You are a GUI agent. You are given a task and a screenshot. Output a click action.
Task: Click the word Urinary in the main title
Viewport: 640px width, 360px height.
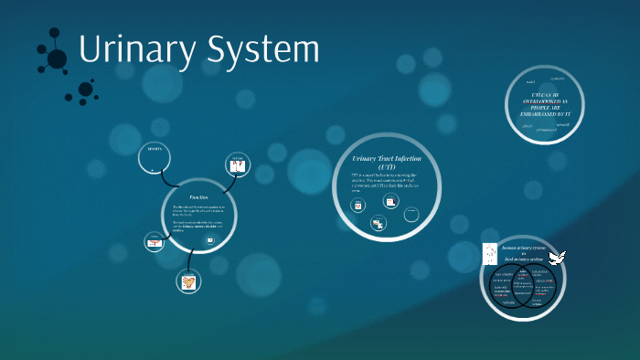[x=133, y=50]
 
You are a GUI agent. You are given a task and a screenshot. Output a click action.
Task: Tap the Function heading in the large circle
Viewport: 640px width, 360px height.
[x=198, y=197]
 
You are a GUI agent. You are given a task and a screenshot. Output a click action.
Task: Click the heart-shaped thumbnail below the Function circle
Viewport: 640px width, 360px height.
[x=188, y=282]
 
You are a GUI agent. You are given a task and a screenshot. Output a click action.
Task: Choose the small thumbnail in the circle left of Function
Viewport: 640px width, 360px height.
[x=154, y=241]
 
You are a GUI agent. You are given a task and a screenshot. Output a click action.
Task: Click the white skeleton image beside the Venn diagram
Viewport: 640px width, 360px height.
[x=490, y=253]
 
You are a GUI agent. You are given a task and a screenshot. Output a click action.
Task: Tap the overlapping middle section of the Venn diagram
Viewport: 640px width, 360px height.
[x=518, y=287]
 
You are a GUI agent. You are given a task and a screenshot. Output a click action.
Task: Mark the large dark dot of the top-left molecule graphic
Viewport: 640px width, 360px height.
[x=57, y=59]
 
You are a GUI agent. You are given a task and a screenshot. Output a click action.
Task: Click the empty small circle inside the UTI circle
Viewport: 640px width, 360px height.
[x=412, y=213]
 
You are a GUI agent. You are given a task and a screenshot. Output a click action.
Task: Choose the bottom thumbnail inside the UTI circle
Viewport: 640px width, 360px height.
[x=378, y=222]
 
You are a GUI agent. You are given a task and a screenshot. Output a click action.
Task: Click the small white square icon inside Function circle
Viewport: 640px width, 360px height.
[x=209, y=240]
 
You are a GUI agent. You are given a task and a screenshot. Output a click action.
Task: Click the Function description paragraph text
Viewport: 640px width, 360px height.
[x=197, y=218]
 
